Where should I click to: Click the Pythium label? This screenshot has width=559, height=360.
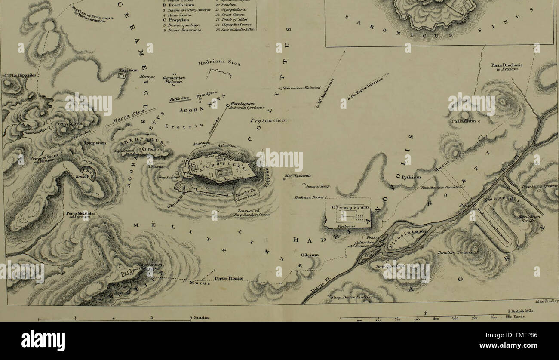click(412, 177)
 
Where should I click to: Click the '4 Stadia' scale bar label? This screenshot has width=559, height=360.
click(199, 318)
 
